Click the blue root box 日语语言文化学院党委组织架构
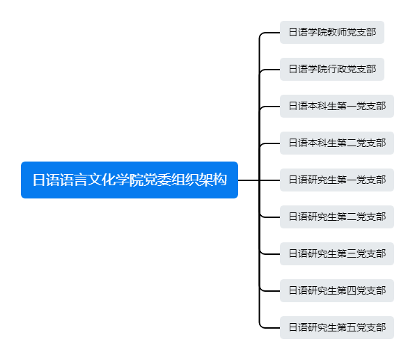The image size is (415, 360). pyautogui.click(x=130, y=180)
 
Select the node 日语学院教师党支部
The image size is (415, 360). pyautogui.click(x=332, y=32)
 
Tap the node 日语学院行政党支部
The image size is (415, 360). pyautogui.click(x=332, y=69)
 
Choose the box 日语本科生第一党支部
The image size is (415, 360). pyautogui.click(x=337, y=106)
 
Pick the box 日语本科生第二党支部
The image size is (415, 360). pyautogui.click(x=337, y=143)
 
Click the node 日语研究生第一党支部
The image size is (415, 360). pyautogui.click(x=337, y=180)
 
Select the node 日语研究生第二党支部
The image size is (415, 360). pyautogui.click(x=337, y=217)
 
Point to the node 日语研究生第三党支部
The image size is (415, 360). pyautogui.click(x=337, y=253)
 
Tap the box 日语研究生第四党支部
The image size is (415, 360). pyautogui.click(x=337, y=290)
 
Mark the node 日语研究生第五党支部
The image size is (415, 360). pyautogui.click(x=337, y=327)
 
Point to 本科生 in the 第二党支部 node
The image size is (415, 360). pyautogui.click(x=322, y=143)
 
